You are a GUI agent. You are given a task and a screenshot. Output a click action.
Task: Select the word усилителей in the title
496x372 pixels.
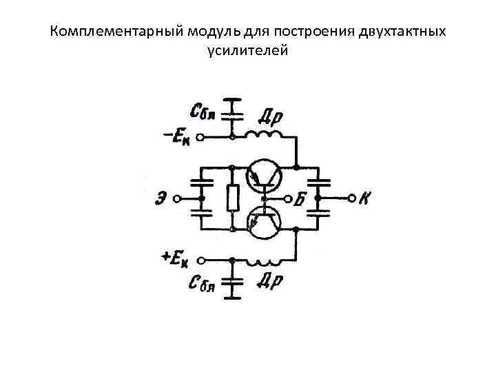[247, 50]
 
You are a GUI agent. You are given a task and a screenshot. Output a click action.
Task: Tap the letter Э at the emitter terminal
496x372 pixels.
[160, 198]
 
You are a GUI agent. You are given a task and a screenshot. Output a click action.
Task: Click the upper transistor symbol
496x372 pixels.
[264, 176]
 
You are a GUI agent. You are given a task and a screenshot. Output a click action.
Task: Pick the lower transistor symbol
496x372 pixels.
[264, 222]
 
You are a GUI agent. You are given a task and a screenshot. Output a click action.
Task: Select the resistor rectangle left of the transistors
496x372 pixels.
[232, 198]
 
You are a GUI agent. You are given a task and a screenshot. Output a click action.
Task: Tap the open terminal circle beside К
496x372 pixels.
[351, 198]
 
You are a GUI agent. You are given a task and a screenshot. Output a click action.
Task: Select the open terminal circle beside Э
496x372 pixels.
[177, 199]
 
